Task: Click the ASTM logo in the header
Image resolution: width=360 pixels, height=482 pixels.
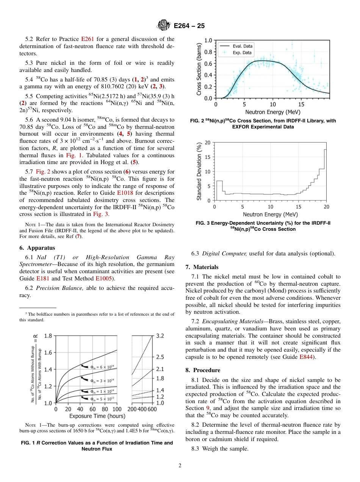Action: (164, 26)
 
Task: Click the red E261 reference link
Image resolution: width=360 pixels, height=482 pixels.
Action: (88, 39)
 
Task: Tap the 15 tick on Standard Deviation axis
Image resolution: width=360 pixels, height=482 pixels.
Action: (208, 157)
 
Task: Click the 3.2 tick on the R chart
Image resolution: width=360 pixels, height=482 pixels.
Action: (160, 336)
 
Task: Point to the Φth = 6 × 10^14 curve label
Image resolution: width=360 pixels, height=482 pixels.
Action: (103, 366)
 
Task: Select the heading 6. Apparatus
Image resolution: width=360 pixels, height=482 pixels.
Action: (37, 248)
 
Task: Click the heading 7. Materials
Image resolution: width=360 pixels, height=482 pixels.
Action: (202, 267)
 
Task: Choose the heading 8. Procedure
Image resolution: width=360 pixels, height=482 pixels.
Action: (203, 370)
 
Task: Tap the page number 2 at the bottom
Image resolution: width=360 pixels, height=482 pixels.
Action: (180, 466)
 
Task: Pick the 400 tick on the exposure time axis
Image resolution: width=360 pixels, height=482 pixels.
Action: (142, 409)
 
